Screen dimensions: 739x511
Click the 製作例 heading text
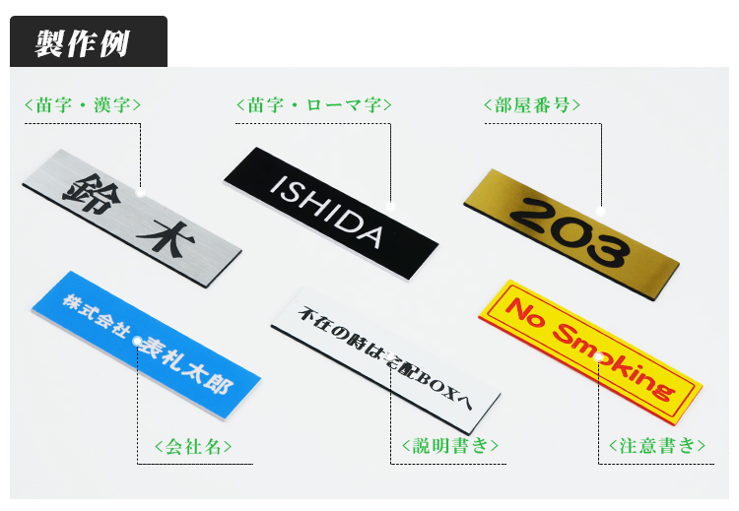pyautogui.click(x=82, y=43)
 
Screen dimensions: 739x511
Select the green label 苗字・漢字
pyautogui.click(x=83, y=104)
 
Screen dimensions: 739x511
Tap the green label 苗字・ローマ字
pyautogui.click(x=314, y=104)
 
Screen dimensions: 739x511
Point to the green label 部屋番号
pyautogui.click(x=532, y=104)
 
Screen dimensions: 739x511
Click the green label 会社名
pyautogui.click(x=193, y=446)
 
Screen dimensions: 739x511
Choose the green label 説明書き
pyautogui.click(x=449, y=445)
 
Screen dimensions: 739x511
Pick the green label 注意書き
pyautogui.click(x=657, y=445)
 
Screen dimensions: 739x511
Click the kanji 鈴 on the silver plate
pyautogui.click(x=93, y=192)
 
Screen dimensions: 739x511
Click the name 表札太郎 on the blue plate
pyautogui.click(x=187, y=364)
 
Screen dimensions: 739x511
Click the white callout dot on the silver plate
pyautogui.click(x=141, y=192)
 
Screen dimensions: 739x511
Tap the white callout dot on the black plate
pyautogui.click(x=390, y=206)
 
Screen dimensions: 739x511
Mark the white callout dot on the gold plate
pyautogui.click(x=600, y=211)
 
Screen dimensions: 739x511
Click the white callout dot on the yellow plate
pyautogui.click(x=598, y=357)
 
